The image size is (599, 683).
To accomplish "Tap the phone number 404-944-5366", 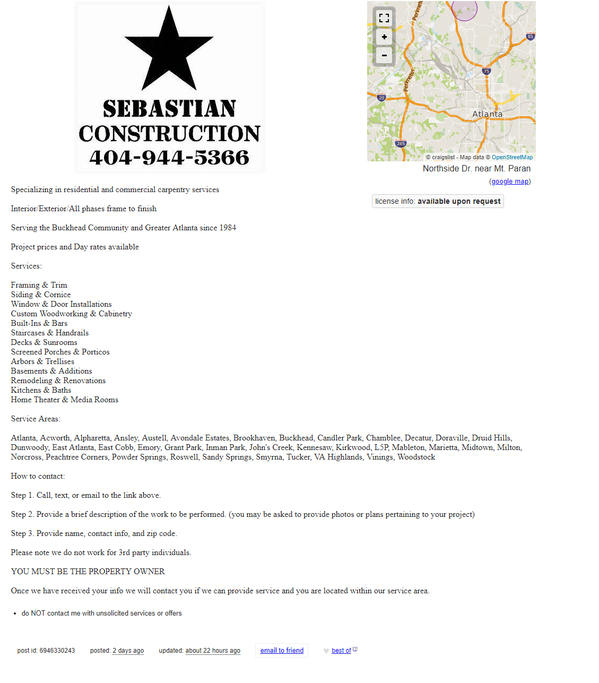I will pos(169,158).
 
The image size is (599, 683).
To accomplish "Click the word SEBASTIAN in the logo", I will pos(169,109).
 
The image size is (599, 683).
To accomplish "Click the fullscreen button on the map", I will pos(384,18).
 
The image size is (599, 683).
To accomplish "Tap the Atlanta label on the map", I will pos(487,114).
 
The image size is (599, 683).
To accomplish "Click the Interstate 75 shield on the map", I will pos(487,71).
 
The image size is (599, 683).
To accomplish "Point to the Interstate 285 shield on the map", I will pos(401,144).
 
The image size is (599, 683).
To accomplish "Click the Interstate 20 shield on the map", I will pos(381,98).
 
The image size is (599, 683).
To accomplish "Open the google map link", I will pos(510,181).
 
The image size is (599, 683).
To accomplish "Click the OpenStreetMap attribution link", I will pos(512,157).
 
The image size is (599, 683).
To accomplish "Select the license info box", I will pos(438,201).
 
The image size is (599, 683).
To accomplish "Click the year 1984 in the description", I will pos(228,228).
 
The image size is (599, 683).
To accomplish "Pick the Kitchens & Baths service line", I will pos(41,390).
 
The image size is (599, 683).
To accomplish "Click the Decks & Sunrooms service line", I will pos(44,342).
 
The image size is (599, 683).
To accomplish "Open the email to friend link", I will pos(282,651).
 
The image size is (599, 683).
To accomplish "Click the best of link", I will pos(341,651).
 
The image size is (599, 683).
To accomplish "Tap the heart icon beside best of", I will pos(326,651).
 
